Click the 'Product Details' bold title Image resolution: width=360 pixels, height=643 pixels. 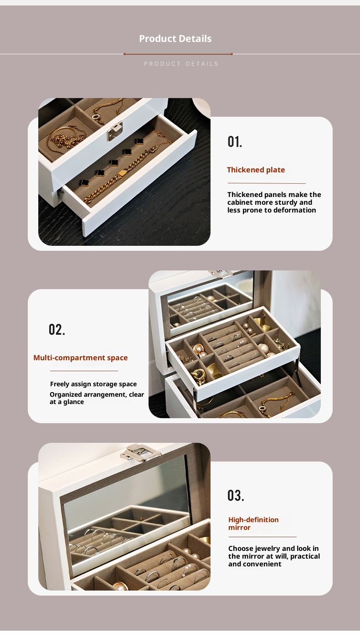[x=175, y=38]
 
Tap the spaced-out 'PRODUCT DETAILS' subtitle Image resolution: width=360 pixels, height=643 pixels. [x=181, y=64]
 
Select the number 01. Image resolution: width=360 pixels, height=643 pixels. [x=235, y=141]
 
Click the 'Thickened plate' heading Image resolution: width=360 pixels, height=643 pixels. [x=256, y=170]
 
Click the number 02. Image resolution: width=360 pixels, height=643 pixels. [x=57, y=330]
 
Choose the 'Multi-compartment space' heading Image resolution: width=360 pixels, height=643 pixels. [x=80, y=358]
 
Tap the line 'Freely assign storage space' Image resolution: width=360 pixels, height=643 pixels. [x=93, y=384]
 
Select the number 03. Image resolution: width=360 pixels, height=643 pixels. [x=236, y=495]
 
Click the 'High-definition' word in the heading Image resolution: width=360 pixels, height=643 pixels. [x=253, y=519]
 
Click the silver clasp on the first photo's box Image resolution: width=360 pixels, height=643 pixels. [x=115, y=131]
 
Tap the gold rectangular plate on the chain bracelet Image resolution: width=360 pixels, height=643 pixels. [x=122, y=173]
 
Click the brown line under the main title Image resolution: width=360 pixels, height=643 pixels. [x=178, y=54]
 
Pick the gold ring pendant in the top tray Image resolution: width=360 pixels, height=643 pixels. [x=96, y=117]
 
